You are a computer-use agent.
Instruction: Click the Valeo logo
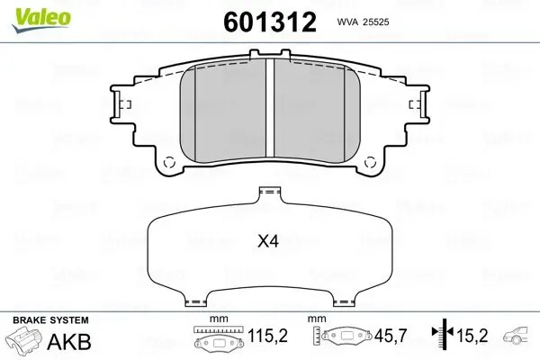coord(41,21)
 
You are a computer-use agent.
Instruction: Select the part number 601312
coord(270,22)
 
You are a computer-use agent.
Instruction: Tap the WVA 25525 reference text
coord(363,22)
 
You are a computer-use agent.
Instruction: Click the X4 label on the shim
coord(268,241)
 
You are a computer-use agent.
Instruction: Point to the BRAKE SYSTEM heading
coord(50,320)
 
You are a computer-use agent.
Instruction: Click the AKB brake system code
coord(69,342)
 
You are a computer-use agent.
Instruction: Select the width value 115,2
coord(267,335)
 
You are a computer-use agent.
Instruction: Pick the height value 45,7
coord(391,335)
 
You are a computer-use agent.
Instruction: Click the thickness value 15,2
coord(472,335)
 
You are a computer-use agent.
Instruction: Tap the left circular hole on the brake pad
coord(169,162)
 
